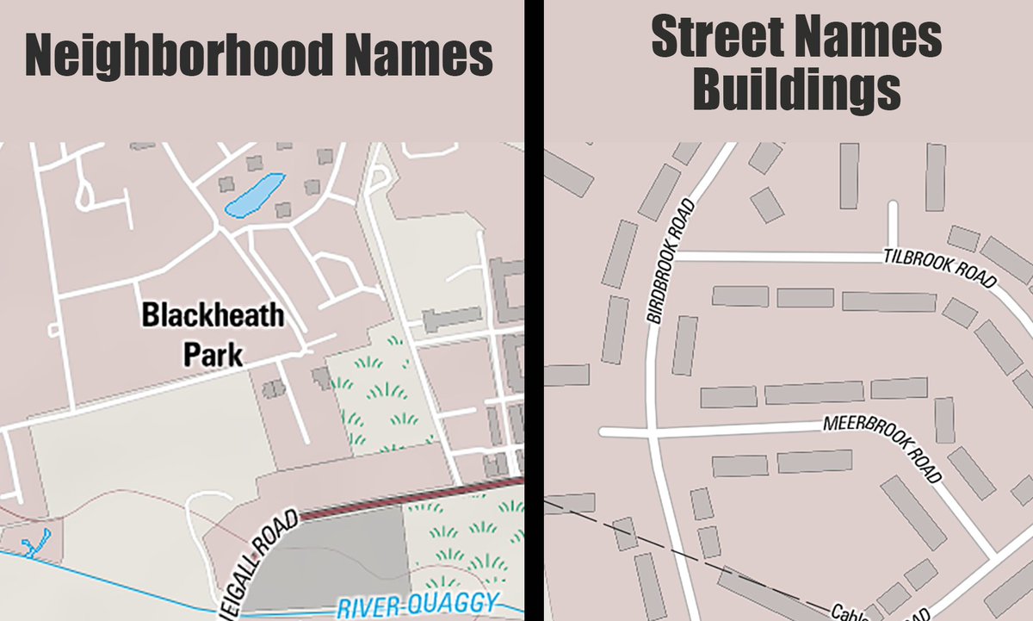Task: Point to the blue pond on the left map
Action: (254, 195)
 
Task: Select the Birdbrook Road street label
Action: (670, 261)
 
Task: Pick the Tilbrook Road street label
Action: (939, 269)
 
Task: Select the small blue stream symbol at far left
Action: (35, 543)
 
